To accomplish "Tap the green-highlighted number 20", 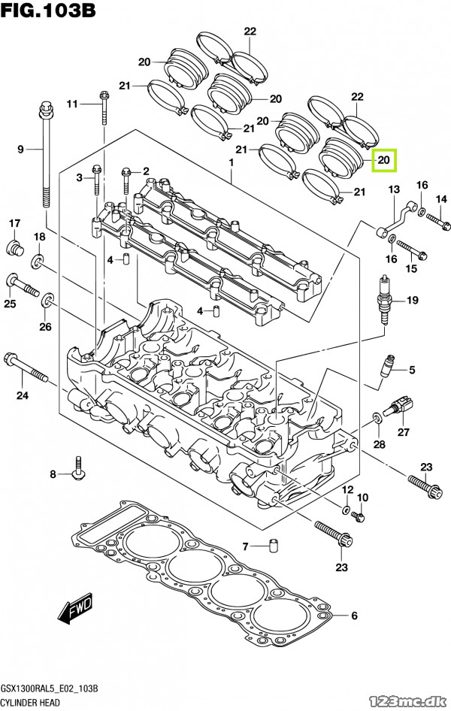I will point(383,160).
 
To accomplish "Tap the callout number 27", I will point(404,431).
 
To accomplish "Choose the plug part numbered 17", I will point(14,248).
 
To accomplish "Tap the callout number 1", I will point(232,163).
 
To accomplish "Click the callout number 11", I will point(72,103).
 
